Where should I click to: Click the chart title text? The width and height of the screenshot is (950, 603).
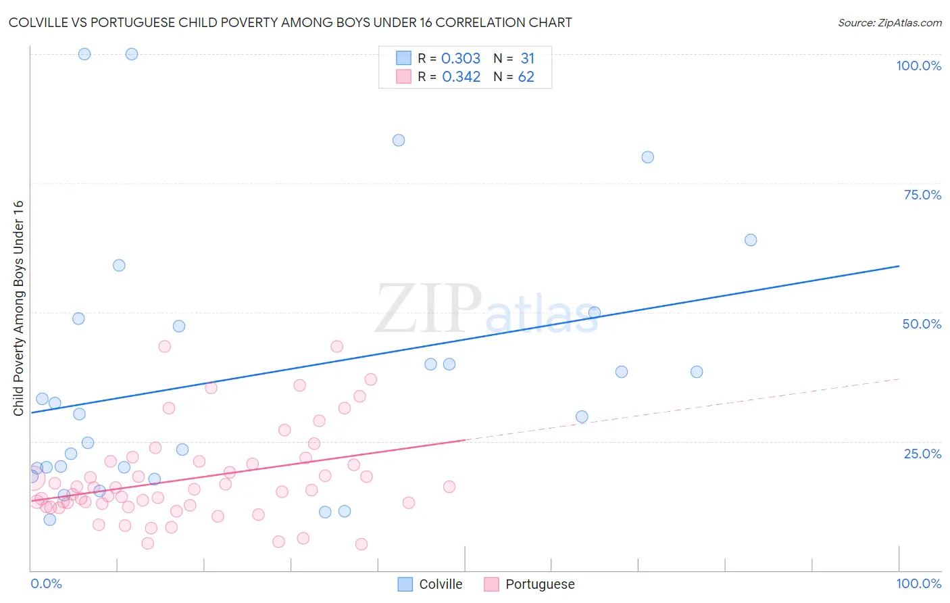click(x=290, y=22)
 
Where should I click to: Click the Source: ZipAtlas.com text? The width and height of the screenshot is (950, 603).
click(x=889, y=22)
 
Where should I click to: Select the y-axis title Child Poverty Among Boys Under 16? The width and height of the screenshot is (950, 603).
click(x=18, y=308)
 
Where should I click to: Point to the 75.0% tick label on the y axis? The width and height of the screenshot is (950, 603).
click(x=922, y=195)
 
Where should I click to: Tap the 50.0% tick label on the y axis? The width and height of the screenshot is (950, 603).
click(x=922, y=324)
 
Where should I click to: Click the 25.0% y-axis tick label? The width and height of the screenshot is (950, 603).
click(x=922, y=453)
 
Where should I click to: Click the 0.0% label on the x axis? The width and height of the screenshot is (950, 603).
click(x=46, y=583)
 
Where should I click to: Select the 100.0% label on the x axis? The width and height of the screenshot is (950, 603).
click(x=918, y=583)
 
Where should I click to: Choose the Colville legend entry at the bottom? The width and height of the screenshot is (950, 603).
click(x=430, y=584)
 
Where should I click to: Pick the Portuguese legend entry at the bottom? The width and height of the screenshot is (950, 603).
click(x=530, y=584)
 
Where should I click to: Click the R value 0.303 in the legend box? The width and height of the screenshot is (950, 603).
click(x=461, y=59)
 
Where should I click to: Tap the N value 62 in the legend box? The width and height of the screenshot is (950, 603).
click(x=526, y=77)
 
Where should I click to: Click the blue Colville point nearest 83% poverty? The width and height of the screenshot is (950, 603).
click(x=399, y=141)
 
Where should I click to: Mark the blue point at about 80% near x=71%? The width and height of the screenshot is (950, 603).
click(x=647, y=158)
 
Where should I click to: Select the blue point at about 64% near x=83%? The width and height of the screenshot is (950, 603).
click(x=750, y=240)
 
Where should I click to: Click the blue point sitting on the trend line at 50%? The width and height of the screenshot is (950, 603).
click(x=595, y=312)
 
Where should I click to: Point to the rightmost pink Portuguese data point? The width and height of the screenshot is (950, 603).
click(x=449, y=487)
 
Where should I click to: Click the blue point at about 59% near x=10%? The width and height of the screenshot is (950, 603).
click(x=119, y=266)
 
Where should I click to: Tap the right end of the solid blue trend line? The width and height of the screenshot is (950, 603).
click(x=899, y=266)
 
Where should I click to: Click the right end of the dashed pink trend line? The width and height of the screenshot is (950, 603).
click(x=899, y=379)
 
